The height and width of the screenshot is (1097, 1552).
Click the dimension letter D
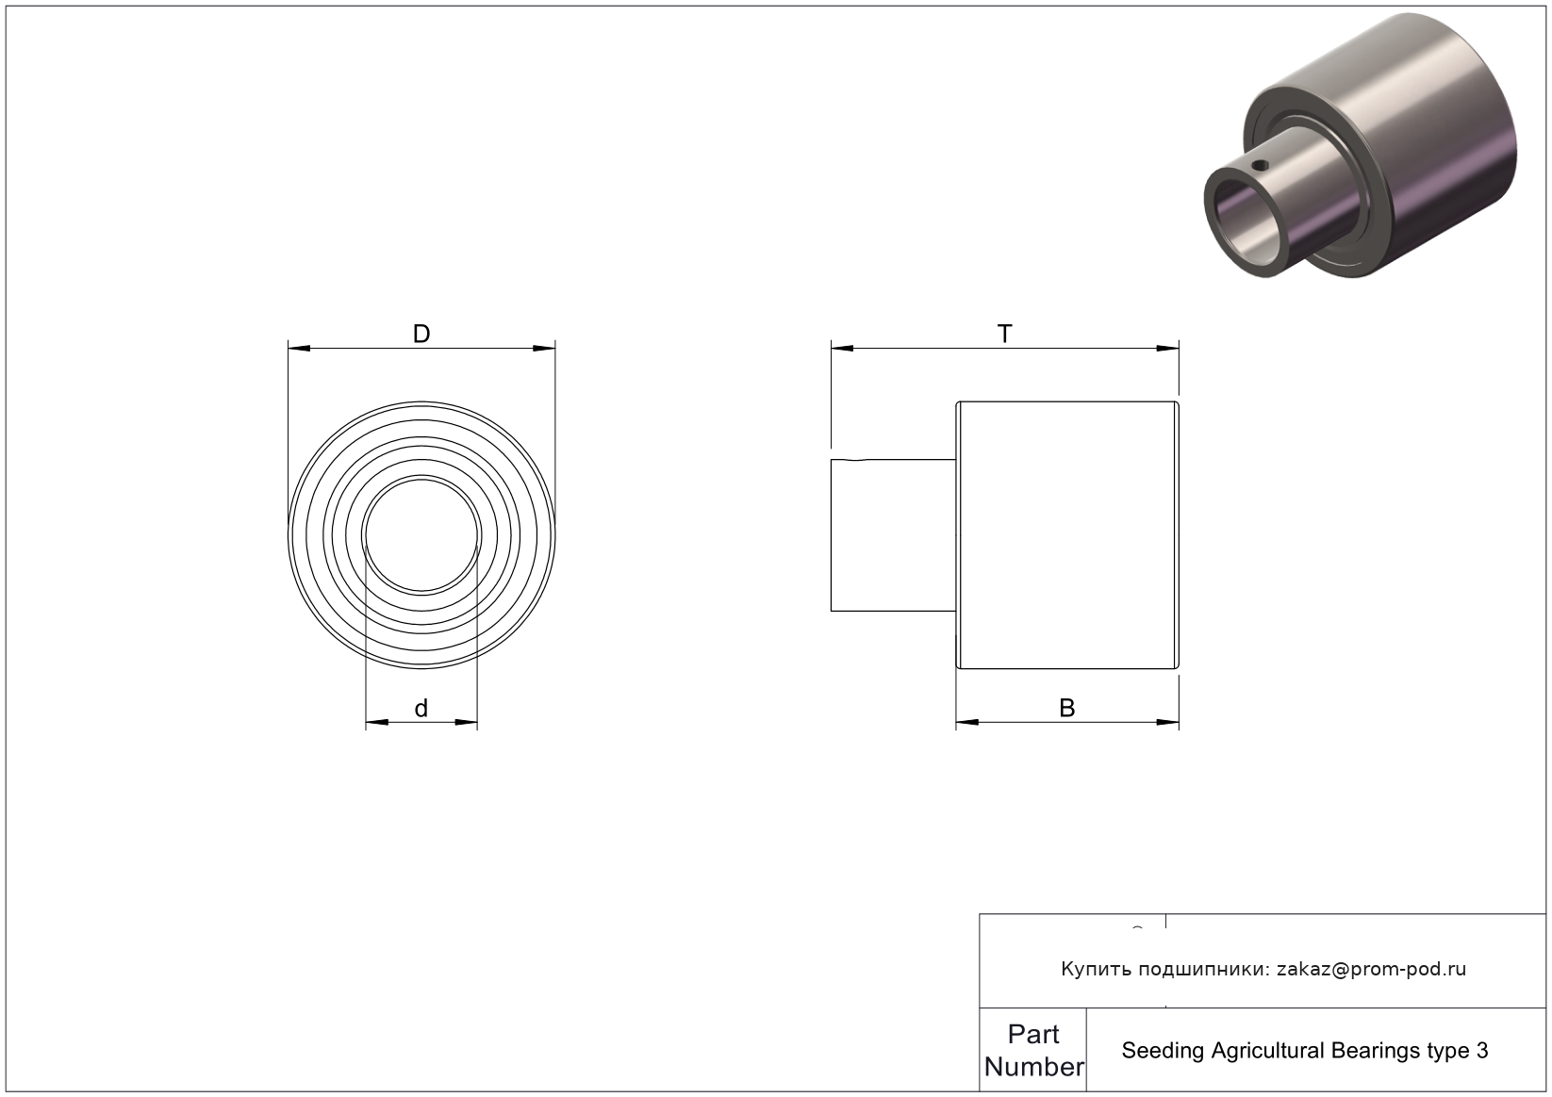click(421, 334)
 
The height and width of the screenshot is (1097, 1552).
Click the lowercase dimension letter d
click(421, 708)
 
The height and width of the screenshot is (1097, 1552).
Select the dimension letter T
click(1004, 334)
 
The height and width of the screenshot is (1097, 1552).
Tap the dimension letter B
click(1067, 708)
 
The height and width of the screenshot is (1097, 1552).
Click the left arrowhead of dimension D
click(299, 349)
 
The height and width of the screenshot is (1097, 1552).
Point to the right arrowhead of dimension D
click(544, 349)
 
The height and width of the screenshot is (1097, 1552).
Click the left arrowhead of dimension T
click(843, 349)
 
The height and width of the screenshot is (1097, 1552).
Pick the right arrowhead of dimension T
click(1167, 349)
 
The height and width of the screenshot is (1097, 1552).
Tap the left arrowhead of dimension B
click(967, 722)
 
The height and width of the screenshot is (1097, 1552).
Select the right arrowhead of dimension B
click(1167, 722)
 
